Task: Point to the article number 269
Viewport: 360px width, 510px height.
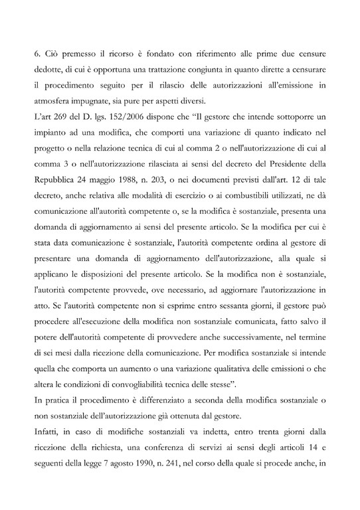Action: (x=70, y=117)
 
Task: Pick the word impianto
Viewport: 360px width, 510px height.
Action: (x=56, y=132)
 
